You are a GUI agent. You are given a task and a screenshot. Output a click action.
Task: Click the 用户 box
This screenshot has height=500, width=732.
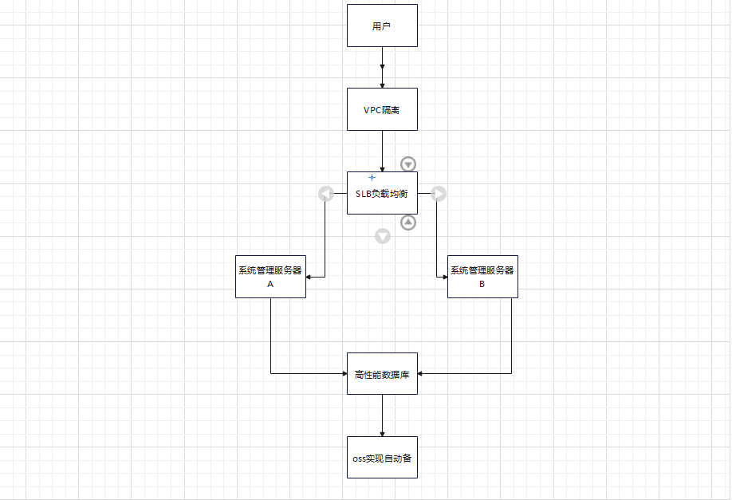382,25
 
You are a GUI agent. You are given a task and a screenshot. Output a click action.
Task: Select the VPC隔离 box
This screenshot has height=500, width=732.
382,109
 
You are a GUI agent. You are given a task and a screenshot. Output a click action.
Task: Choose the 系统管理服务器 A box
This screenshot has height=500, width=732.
270,276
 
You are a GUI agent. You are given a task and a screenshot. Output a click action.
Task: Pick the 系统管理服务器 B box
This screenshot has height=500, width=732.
482,276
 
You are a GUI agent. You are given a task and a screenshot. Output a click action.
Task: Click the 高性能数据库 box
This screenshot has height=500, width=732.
382,373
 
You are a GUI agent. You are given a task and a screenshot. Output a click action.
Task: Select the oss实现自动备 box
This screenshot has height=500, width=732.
382,458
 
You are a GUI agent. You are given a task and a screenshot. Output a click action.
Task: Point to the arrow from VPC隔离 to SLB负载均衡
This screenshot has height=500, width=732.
383,151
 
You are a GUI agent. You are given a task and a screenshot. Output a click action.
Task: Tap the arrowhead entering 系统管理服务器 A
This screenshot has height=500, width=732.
309,277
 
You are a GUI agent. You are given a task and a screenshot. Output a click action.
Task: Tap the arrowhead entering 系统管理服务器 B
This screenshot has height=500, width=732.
443,277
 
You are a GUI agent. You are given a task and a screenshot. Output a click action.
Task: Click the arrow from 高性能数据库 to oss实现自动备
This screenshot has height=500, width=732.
383,415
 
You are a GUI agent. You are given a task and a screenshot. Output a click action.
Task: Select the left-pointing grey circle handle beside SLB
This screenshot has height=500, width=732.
325,194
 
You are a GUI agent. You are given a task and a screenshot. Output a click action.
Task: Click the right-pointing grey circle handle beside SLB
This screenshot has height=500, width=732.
439,194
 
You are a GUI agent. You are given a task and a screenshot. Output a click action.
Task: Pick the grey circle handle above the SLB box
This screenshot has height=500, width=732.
408,164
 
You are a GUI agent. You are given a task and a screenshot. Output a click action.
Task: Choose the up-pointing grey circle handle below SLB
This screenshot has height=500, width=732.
407,222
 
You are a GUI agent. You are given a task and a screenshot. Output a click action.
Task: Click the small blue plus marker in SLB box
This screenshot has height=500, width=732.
372,177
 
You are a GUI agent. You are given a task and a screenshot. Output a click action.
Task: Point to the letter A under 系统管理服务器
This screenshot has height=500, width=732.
270,283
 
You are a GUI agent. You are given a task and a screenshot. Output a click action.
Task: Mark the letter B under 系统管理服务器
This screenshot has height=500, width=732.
482,283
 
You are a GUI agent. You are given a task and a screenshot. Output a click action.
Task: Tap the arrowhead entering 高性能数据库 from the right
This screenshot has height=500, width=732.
421,373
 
